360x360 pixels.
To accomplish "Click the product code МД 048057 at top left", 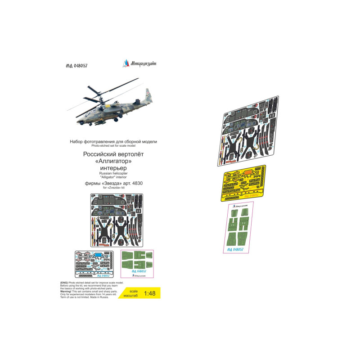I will click(x=73, y=66).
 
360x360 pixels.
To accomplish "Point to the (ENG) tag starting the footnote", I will click(x=64, y=282).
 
